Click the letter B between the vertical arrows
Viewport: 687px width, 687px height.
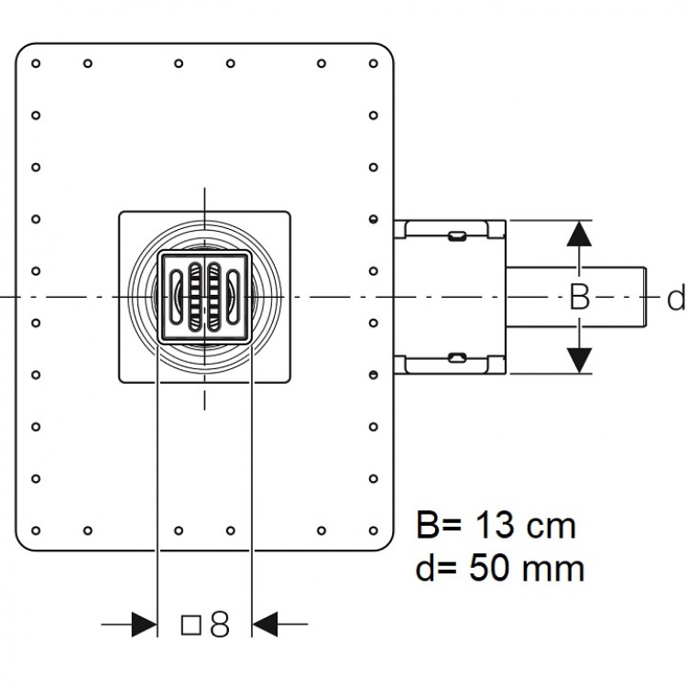(x=579, y=297)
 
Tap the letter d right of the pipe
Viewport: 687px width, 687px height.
(x=676, y=298)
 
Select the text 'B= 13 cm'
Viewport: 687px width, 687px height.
(x=496, y=526)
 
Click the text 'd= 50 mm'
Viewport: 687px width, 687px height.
(x=500, y=568)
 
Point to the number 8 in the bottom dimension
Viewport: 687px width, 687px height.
(x=220, y=624)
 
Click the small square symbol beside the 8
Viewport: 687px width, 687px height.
(x=191, y=625)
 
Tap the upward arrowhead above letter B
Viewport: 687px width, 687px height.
(x=579, y=234)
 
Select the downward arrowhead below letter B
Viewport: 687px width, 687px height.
(x=579, y=361)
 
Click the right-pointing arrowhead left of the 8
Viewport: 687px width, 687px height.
(x=144, y=624)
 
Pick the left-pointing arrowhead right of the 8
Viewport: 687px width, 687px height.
(x=265, y=624)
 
